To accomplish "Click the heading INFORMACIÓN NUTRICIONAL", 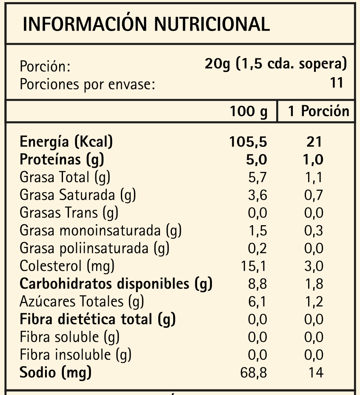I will click(146, 25).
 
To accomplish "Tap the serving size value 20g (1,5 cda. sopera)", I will click(276, 64).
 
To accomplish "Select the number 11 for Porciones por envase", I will click(337, 83).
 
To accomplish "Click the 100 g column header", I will click(249, 112).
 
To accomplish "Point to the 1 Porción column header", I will click(318, 112).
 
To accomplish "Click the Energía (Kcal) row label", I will click(66, 142).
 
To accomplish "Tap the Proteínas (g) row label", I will click(62, 160).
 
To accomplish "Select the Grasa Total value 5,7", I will click(257, 177).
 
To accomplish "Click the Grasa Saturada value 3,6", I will click(257, 195).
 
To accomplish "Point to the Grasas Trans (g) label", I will click(69, 213).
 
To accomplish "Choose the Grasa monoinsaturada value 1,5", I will click(257, 231).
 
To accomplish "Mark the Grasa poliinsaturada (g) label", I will click(94, 248).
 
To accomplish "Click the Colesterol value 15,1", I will click(254, 266).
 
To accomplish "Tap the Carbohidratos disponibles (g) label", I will click(116, 284).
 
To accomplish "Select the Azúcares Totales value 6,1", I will click(257, 302).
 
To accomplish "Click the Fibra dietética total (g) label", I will click(98, 319).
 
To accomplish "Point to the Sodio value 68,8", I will click(254, 373).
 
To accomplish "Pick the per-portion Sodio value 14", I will click(315, 373).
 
